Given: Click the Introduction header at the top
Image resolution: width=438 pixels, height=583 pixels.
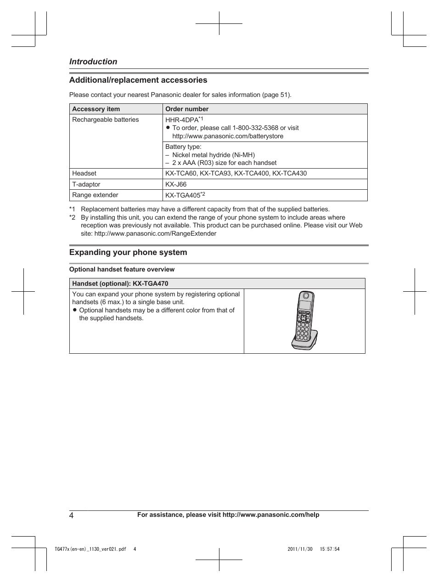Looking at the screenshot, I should point(93,62).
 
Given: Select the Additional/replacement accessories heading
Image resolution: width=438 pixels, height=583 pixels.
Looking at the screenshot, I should point(138,80).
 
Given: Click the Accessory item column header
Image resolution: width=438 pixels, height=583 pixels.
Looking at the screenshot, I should point(96,109).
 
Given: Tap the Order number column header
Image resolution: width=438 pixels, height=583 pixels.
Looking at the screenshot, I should point(187,109).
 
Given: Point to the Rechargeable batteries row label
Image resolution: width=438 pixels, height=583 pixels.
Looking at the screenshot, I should point(105,119).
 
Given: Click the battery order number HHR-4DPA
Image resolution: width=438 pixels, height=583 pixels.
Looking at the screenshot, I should point(182,120).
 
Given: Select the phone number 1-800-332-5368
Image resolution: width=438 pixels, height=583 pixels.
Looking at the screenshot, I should point(255,128).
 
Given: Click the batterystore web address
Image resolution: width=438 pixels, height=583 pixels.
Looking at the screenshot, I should point(228,136).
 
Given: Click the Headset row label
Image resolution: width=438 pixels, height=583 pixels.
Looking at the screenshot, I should point(84,173).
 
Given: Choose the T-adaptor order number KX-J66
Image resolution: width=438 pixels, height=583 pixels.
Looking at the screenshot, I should point(176,184).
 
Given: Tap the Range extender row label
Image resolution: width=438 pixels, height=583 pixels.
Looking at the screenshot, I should point(95,195).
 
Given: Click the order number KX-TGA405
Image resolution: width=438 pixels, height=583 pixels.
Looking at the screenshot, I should point(183,195).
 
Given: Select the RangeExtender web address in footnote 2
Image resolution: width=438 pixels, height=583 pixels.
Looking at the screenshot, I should point(155,233).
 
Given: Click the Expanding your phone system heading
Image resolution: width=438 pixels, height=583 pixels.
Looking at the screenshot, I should point(128,252).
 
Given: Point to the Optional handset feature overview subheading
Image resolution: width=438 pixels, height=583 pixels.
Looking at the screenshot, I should point(122,269).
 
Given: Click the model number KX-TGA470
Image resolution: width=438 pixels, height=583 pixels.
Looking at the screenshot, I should point(153,283).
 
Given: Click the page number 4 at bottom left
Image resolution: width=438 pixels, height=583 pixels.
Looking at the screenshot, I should point(72,515).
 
